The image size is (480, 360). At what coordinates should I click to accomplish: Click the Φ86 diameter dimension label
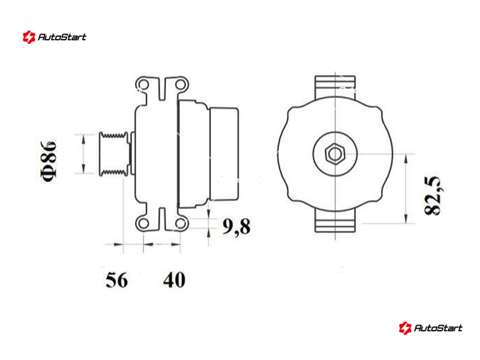(x=49, y=161)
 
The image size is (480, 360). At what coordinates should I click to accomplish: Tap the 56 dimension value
(x=116, y=280)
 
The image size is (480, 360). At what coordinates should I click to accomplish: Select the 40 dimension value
(x=174, y=280)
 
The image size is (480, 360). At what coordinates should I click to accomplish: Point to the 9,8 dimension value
(x=236, y=227)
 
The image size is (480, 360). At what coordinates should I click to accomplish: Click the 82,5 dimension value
(x=433, y=196)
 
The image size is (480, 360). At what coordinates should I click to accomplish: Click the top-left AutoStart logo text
(x=62, y=37)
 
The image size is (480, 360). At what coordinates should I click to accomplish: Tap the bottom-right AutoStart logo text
(x=438, y=328)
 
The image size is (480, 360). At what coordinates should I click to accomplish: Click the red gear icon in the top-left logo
(x=29, y=37)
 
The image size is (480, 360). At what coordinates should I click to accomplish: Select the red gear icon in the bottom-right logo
(x=405, y=328)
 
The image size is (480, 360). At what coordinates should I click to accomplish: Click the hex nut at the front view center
(x=335, y=154)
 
